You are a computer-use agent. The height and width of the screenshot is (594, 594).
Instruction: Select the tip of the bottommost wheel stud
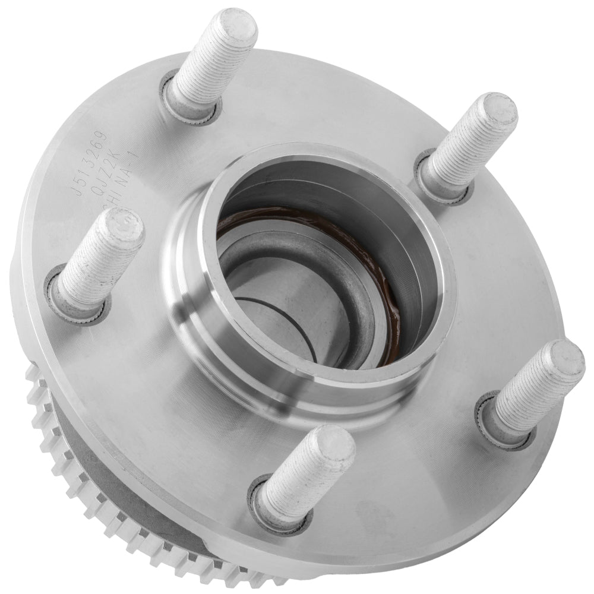click(x=333, y=445)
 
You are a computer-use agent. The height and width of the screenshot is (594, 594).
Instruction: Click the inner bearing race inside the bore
click(x=297, y=261)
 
